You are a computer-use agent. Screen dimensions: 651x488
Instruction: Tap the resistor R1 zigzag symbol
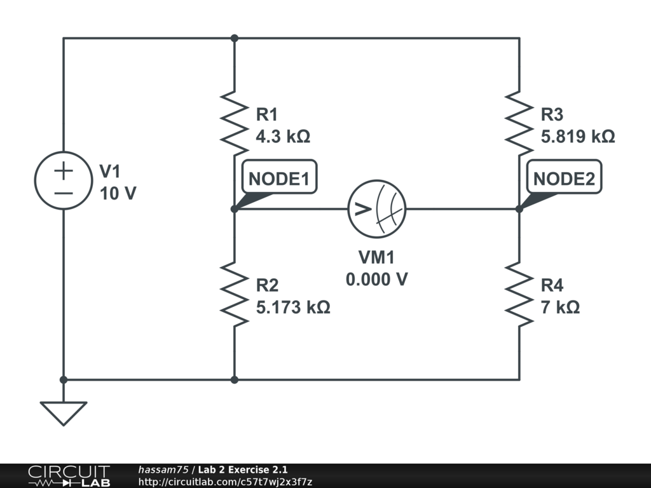pyautogui.click(x=234, y=123)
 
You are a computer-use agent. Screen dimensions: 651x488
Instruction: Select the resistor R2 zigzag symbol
pyautogui.click(x=234, y=294)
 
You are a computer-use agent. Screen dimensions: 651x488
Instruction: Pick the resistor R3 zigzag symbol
pyautogui.click(x=519, y=123)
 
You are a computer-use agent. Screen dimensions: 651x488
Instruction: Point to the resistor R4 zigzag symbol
pyautogui.click(x=519, y=294)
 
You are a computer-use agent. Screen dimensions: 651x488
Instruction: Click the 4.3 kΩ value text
pyautogui.click(x=283, y=137)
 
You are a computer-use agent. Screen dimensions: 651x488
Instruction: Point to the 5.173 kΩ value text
pyautogui.click(x=293, y=308)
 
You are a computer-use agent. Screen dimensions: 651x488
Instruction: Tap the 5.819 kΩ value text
pyautogui.click(x=578, y=137)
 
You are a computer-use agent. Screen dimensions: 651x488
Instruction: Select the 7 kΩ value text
pyautogui.click(x=560, y=308)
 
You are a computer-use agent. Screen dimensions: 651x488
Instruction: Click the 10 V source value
pyautogui.click(x=118, y=193)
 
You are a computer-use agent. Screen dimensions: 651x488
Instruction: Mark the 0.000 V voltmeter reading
pyautogui.click(x=376, y=280)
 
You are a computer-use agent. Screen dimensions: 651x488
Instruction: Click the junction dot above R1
pyautogui.click(x=234, y=38)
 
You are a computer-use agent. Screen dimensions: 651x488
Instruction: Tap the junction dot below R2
pyautogui.click(x=234, y=380)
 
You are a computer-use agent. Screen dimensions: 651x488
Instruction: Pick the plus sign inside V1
pyautogui.click(x=64, y=170)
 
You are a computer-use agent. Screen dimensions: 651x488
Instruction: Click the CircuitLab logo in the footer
pyautogui.click(x=69, y=476)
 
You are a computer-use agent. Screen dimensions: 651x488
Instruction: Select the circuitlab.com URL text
pyautogui.click(x=225, y=482)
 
